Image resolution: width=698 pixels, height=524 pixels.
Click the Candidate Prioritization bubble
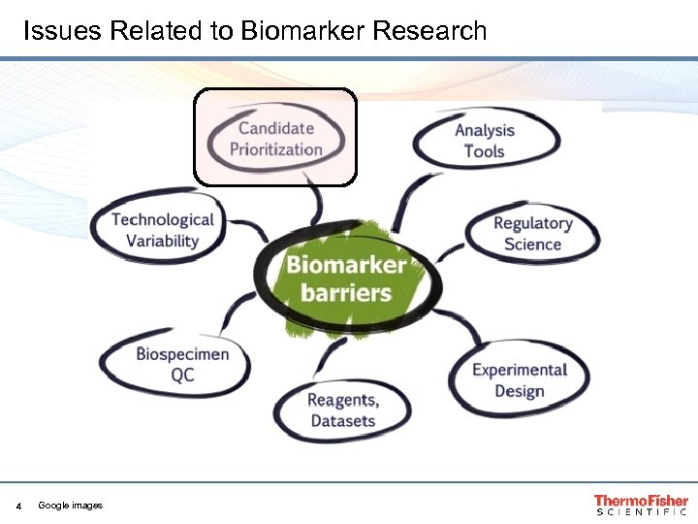[x=276, y=138]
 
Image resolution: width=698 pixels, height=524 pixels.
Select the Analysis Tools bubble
[x=485, y=140]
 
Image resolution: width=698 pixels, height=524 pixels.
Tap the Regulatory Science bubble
[x=532, y=233]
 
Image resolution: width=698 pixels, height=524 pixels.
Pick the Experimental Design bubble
[x=519, y=379]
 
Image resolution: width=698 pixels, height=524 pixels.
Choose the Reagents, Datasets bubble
[x=342, y=409]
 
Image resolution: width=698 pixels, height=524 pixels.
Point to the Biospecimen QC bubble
[x=181, y=364]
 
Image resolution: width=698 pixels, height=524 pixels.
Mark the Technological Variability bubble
[x=162, y=230]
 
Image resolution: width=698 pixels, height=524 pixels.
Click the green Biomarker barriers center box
[x=345, y=278]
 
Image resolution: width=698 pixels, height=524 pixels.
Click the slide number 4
[x=18, y=506]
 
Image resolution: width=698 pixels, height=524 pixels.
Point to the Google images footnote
[x=70, y=506]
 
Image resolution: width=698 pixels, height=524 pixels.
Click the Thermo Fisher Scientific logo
[x=641, y=505]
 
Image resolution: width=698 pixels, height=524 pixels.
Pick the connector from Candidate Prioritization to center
[x=314, y=201]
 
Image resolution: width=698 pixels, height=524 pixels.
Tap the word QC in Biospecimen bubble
[x=182, y=376]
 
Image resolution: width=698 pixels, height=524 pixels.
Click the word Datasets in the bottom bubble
[x=342, y=421]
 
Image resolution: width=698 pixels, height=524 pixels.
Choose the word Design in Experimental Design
[x=519, y=391]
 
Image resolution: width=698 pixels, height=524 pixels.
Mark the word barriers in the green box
[x=346, y=292]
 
